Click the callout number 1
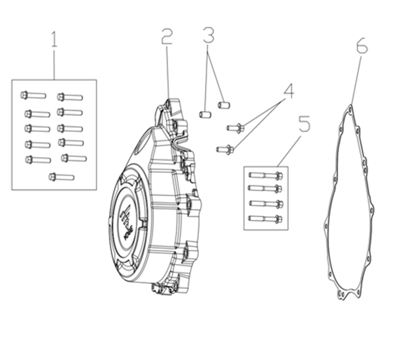pos(54,40)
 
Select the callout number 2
pos(167,37)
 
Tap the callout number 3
pos(208,34)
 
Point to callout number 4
pos(289,91)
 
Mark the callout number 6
pos(361,46)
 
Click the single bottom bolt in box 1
pos(61,176)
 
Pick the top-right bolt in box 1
pos(70,97)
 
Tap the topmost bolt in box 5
pos(266,175)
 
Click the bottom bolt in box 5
pos(266,219)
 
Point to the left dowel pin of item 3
pos(205,113)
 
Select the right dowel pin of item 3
pos(224,105)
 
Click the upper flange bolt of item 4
pos(235,127)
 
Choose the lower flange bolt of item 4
pos(225,149)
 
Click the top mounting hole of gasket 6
pos(350,109)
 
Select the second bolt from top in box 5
pos(266,190)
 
